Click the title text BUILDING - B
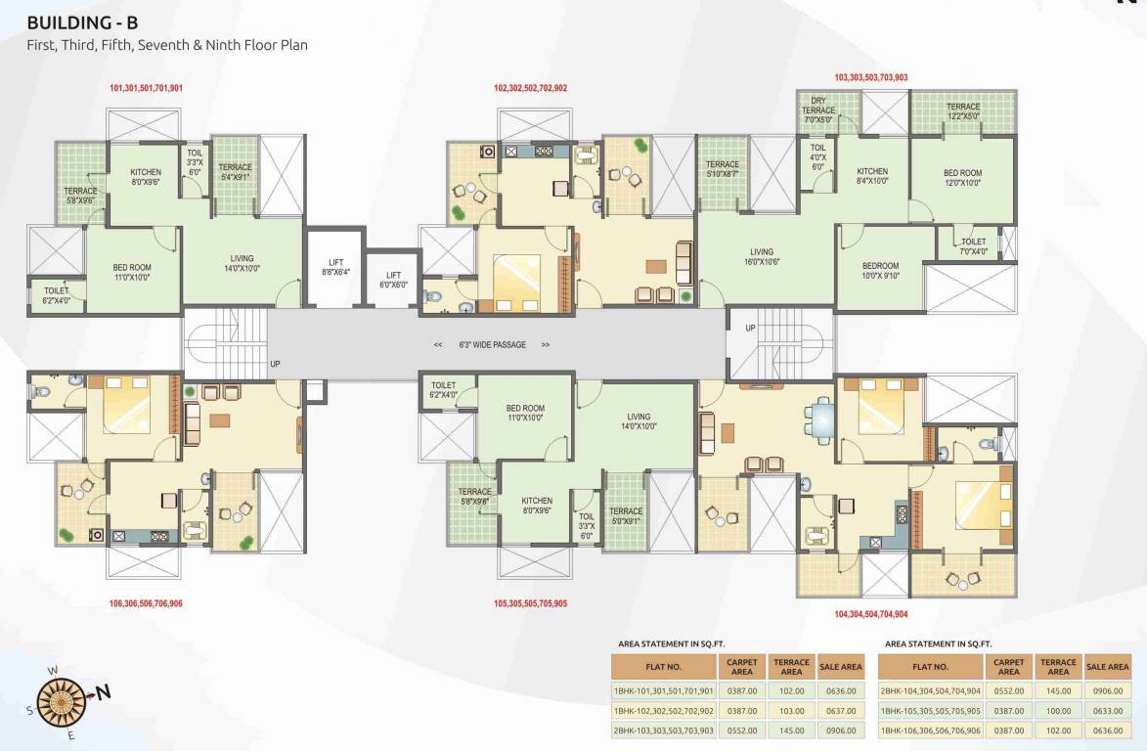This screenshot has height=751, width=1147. click(x=88, y=23)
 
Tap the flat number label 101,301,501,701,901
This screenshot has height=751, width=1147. click(x=146, y=89)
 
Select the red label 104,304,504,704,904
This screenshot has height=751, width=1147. click(x=871, y=614)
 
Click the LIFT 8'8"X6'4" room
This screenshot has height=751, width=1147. click(x=335, y=268)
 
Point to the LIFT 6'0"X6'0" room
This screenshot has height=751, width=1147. click(x=393, y=280)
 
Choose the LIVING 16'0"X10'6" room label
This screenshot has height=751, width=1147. click(x=762, y=257)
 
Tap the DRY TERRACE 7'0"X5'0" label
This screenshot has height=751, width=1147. click(x=818, y=110)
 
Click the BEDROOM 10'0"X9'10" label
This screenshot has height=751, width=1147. click(x=880, y=271)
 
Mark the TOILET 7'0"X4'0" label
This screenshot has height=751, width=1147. click(x=973, y=246)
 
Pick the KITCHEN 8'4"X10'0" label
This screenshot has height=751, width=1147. click(x=871, y=176)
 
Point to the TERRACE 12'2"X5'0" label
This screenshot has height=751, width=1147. click(x=962, y=111)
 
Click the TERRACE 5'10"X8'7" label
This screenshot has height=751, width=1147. click(x=723, y=169)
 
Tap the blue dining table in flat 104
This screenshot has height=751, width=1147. click(x=823, y=420)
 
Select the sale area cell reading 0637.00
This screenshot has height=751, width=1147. click(x=840, y=711)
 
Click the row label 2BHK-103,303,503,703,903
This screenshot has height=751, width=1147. click(x=663, y=730)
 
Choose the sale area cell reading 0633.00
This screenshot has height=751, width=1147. click(x=1107, y=711)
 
